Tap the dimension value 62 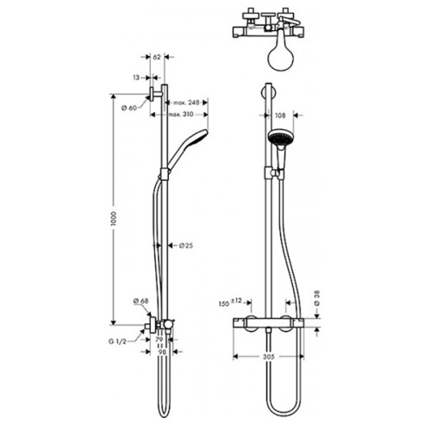coord(157,58)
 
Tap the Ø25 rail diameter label coord(184,247)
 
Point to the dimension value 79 coord(159,342)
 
